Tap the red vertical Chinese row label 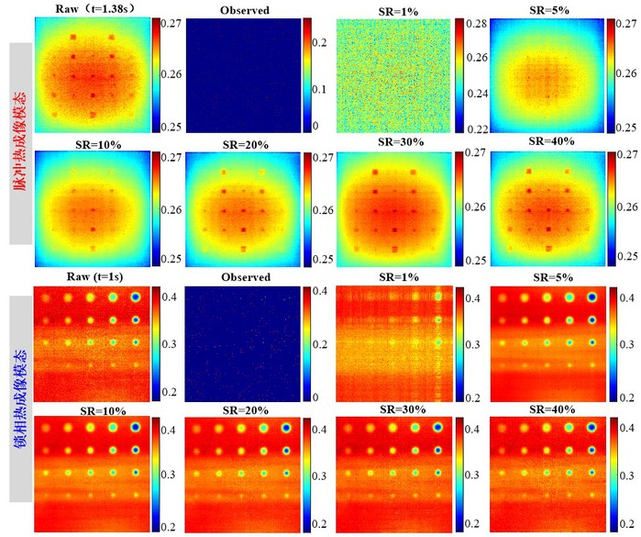coord(20,138)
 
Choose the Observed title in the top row coord(245,10)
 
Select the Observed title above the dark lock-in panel coord(245,277)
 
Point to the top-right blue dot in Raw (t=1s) coord(137,297)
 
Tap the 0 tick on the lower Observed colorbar coord(317,397)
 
